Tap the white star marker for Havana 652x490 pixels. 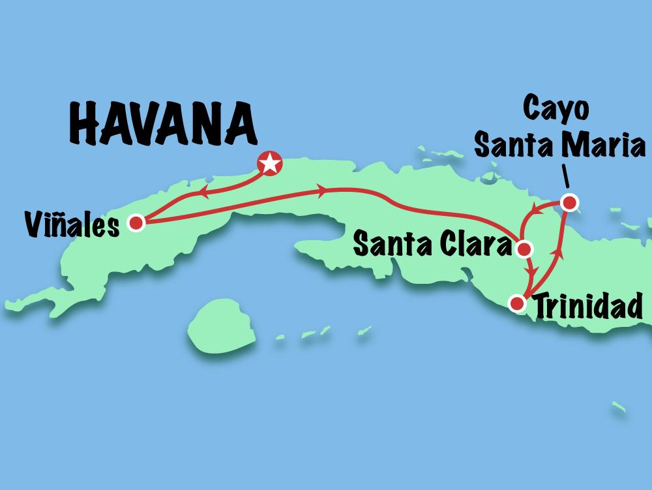pyautogui.click(x=269, y=163)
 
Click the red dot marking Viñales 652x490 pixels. pyautogui.click(x=136, y=223)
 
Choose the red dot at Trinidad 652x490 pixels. pyautogui.click(x=517, y=303)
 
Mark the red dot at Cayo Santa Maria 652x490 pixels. pyautogui.click(x=569, y=203)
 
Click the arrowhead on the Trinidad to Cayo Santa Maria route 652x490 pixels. pyautogui.click(x=556, y=251)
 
